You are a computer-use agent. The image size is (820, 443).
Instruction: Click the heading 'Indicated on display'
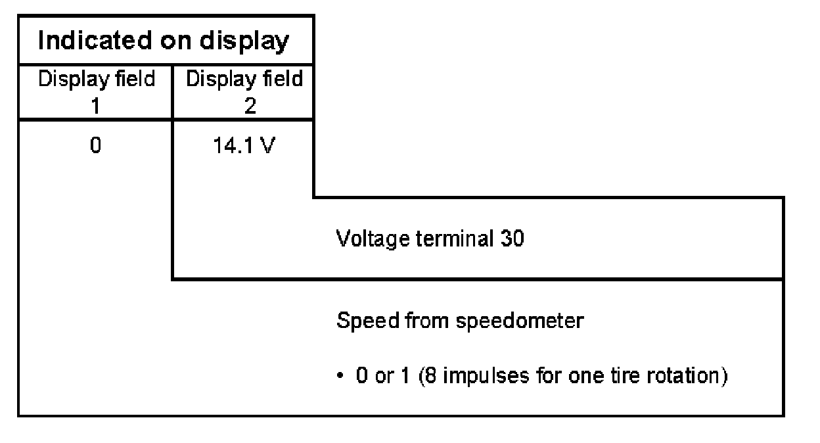[164, 41]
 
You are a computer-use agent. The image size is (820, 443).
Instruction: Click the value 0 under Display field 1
[95, 145]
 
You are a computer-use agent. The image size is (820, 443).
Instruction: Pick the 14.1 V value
[244, 145]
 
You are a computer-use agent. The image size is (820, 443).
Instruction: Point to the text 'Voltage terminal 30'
[430, 239]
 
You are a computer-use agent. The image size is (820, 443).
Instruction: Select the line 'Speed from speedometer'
[459, 322]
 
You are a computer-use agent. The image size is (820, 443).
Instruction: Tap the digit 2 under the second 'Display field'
[249, 106]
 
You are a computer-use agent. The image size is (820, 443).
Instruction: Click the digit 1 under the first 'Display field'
[96, 106]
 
